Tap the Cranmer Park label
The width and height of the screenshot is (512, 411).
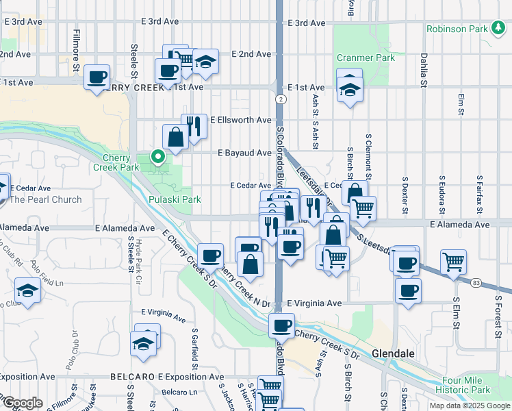(366, 58)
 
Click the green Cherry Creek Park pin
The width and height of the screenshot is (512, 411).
(159, 157)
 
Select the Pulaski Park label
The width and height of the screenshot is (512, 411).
(175, 199)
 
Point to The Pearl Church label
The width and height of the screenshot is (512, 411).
(45, 199)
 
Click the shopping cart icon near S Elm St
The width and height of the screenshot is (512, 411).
(453, 261)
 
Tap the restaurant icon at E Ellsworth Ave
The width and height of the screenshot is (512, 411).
(194, 126)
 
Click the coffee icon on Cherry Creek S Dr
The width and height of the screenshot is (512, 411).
(281, 326)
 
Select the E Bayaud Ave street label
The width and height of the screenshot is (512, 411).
(244, 153)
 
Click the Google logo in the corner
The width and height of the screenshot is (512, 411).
(22, 402)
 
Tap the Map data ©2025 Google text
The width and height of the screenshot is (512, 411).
(468, 406)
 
